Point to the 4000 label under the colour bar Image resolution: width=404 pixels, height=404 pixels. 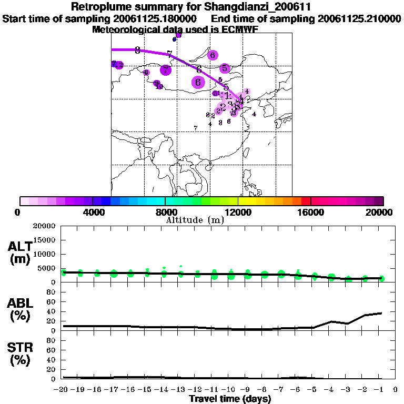(93, 212)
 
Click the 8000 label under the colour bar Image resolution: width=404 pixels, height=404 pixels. (165, 212)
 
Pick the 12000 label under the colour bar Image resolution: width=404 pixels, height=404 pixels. (238, 212)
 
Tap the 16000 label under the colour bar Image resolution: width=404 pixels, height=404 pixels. (310, 212)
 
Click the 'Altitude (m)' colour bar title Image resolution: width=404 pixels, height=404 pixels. (195, 220)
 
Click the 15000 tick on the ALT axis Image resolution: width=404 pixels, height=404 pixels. (44, 240)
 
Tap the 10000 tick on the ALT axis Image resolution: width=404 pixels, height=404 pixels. (44, 254)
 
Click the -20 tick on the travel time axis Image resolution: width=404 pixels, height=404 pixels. (63, 390)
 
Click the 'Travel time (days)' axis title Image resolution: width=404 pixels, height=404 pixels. (229, 399)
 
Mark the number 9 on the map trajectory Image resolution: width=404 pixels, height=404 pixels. (137, 50)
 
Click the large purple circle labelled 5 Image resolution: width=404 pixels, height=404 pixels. (225, 68)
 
